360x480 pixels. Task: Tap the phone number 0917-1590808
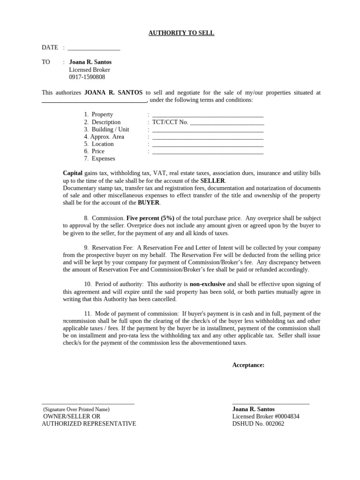(x=87, y=77)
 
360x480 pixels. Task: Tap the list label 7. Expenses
(x=99, y=159)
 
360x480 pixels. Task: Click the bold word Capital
(x=73, y=173)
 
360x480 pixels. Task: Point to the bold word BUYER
(x=149, y=203)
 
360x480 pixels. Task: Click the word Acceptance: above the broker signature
(x=248, y=365)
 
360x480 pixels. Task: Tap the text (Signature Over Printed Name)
(x=76, y=409)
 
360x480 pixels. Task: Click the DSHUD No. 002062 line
(x=258, y=424)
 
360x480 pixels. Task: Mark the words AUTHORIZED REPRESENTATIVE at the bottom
(x=89, y=424)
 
